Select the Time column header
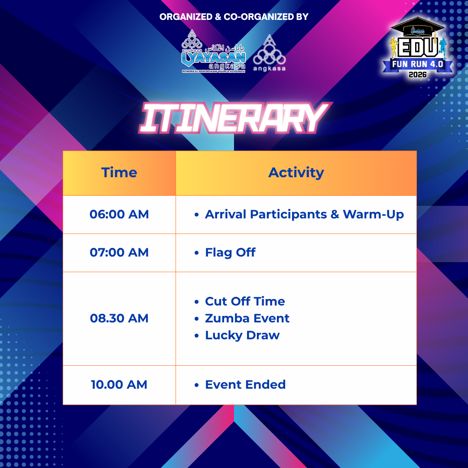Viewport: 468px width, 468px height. [x=119, y=172]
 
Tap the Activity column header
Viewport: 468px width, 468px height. [x=296, y=173]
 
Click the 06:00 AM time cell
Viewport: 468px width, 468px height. [x=119, y=214]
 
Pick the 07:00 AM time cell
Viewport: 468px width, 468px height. [x=119, y=253]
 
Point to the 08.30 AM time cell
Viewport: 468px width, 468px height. [x=119, y=318]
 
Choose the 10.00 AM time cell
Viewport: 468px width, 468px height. [x=119, y=385]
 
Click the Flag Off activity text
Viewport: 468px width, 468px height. [x=230, y=253]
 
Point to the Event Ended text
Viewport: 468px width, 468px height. [x=245, y=385]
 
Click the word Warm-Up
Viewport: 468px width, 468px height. [x=374, y=214]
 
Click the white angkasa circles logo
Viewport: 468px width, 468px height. [x=269, y=53]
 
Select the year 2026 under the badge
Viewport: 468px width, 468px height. [x=418, y=75]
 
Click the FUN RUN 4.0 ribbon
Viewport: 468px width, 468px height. [x=418, y=64]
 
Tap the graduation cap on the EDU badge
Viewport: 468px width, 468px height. [x=418, y=26]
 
